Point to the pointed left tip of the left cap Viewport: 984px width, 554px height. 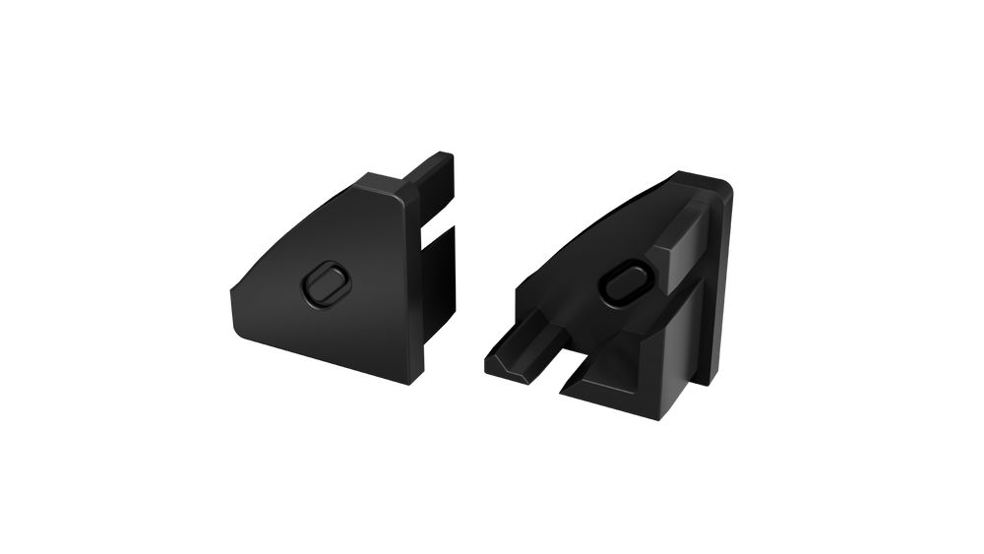pyautogui.click(x=231, y=292)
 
